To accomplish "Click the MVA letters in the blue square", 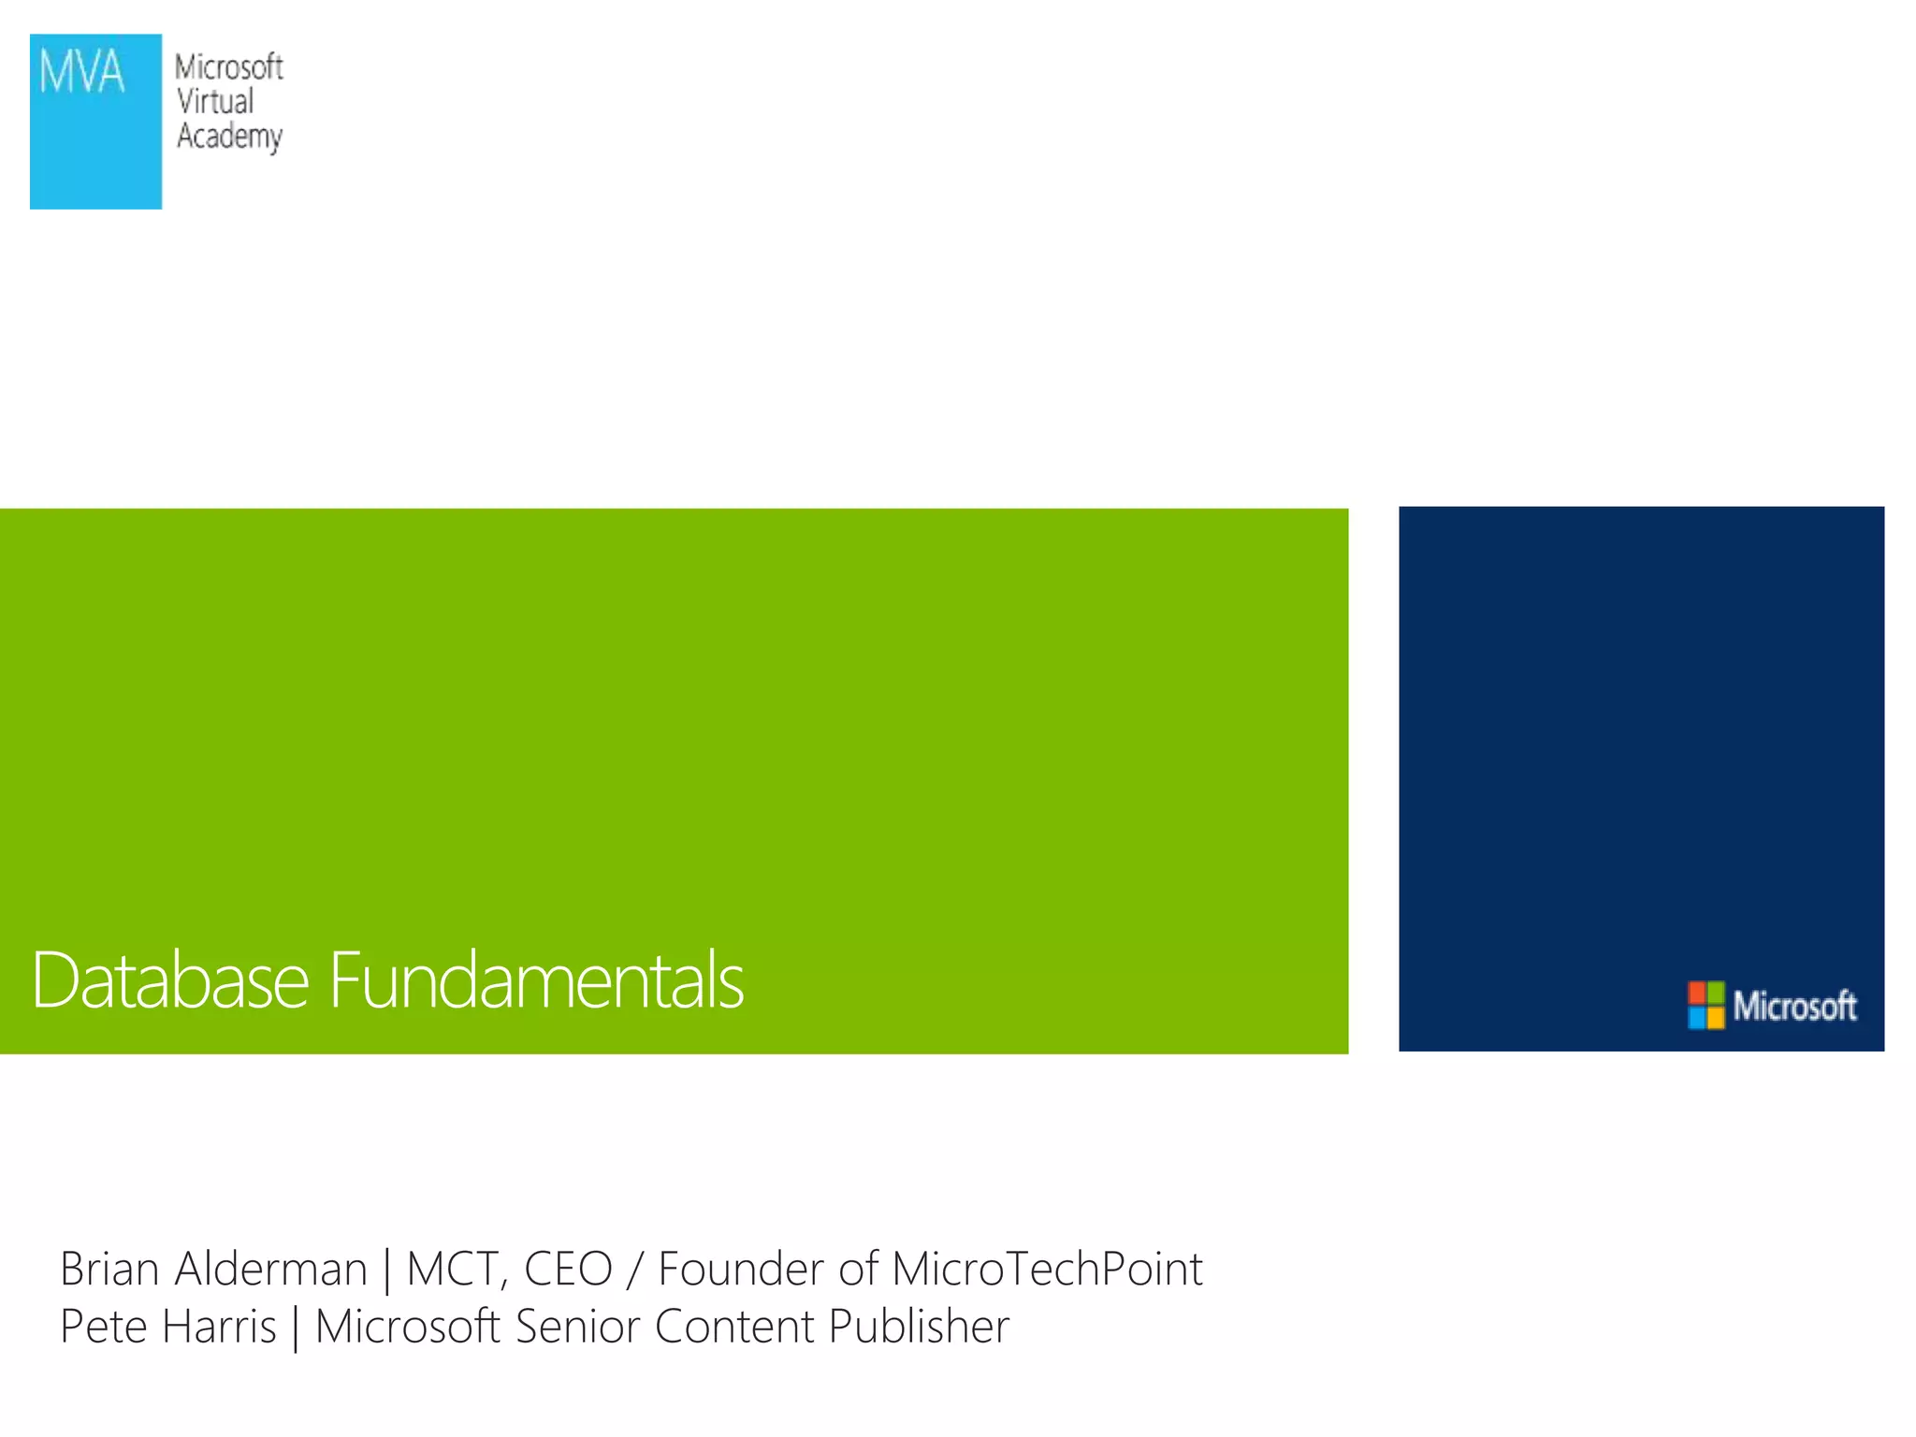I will [x=81, y=73].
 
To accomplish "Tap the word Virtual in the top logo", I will [x=215, y=101].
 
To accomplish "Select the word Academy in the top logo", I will [x=229, y=137].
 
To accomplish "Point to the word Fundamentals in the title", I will [x=536, y=980].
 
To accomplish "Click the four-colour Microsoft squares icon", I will [x=1706, y=1005].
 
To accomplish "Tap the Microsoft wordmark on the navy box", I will [x=1794, y=1006].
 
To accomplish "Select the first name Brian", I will [x=109, y=1270].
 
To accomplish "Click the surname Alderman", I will [x=271, y=1270].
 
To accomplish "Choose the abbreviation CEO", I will [x=568, y=1270].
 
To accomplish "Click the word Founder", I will [x=742, y=1270].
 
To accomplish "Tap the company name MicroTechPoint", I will [x=1047, y=1270].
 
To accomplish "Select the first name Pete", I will [x=104, y=1327].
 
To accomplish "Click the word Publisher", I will [x=919, y=1327].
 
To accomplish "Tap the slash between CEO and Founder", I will [x=635, y=1270].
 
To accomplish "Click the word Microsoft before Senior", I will [x=407, y=1327].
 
